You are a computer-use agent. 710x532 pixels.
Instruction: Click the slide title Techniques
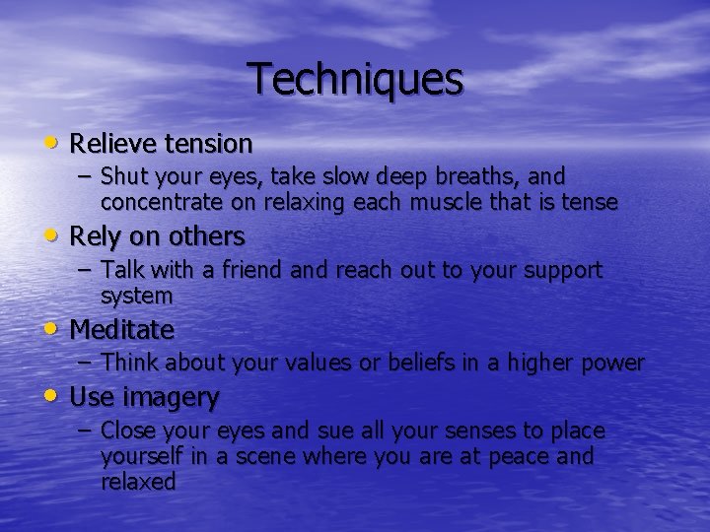click(x=355, y=79)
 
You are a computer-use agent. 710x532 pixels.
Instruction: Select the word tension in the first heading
click(x=208, y=144)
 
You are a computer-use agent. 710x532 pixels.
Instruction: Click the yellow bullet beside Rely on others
click(x=51, y=235)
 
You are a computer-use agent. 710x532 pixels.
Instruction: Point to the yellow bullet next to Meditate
click(x=51, y=328)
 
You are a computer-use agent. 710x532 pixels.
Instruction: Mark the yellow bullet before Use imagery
click(x=51, y=396)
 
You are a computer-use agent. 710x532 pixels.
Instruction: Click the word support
click(x=564, y=271)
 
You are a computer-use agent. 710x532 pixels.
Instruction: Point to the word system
click(x=136, y=296)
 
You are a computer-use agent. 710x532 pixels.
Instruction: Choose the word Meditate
click(x=122, y=329)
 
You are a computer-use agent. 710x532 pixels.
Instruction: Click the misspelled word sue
click(x=336, y=432)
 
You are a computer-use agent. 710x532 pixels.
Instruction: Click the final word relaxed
click(x=138, y=482)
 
